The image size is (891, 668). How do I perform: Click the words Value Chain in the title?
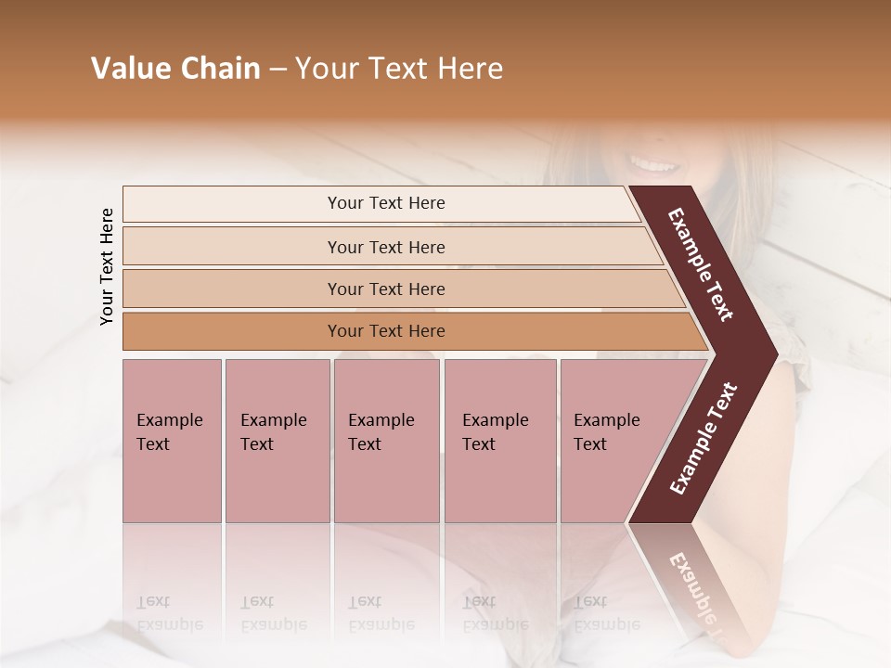[x=175, y=69]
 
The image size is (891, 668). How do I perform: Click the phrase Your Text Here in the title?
[x=399, y=69]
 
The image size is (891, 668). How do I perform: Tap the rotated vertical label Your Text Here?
[x=107, y=266]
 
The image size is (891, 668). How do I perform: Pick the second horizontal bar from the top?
[x=385, y=247]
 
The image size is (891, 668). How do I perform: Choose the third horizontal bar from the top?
[x=385, y=289]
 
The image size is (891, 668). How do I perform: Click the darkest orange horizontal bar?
[x=385, y=331]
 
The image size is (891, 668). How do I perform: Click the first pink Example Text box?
[x=172, y=441]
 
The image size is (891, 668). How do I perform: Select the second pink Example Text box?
[x=277, y=441]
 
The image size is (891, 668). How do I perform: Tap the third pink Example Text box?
[x=386, y=441]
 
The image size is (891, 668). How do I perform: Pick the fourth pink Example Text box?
[x=499, y=441]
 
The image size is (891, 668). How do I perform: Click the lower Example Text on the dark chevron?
[x=704, y=439]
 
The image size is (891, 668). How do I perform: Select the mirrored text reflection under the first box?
[x=169, y=612]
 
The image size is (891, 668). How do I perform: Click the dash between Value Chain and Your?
[x=278, y=70]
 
